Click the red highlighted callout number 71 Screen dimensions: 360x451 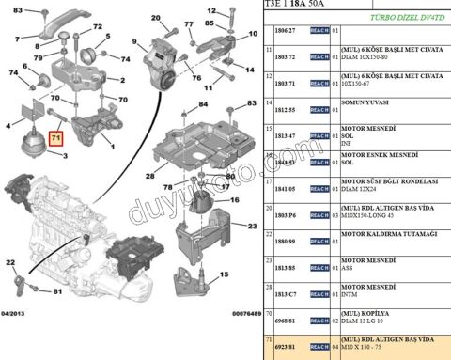pyautogui.click(x=57, y=138)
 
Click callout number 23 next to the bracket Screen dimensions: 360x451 pyautogui.click(x=252, y=227)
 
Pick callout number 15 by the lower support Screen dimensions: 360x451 pyautogui.click(x=222, y=276)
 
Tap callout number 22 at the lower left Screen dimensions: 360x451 pyautogui.click(x=9, y=263)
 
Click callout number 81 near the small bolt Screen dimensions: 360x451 pyautogui.click(x=57, y=292)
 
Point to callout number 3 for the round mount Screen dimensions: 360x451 pyautogui.click(x=64, y=156)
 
